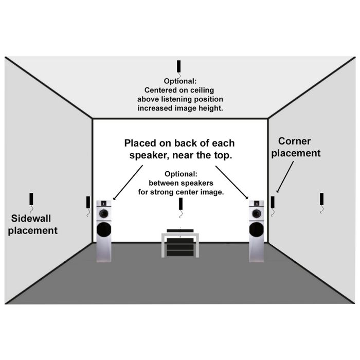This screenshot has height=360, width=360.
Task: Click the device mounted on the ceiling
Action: [179, 66]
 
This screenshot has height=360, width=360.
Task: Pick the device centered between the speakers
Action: [181, 205]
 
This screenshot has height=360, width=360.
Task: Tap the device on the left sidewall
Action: [31, 199]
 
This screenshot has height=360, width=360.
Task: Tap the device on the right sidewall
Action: [321, 199]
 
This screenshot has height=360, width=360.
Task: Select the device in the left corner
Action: [88, 202]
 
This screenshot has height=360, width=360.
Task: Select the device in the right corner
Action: [273, 202]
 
